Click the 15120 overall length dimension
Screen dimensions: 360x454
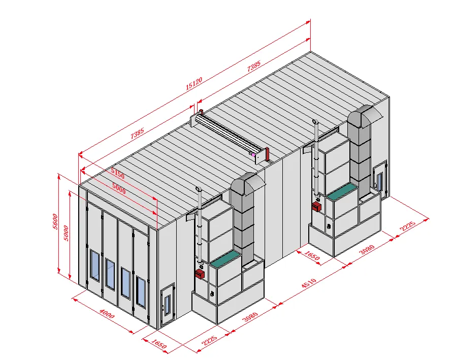pyautogui.click(x=193, y=83)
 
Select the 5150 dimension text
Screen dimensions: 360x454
pyautogui.click(x=118, y=175)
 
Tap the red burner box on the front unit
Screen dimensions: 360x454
pyautogui.click(x=200, y=274)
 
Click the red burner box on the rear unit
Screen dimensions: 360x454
pyautogui.click(x=317, y=207)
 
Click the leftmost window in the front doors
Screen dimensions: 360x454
pyautogui.click(x=94, y=264)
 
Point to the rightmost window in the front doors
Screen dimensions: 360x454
pyautogui.click(x=140, y=291)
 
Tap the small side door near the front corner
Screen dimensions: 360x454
pyautogui.click(x=166, y=306)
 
